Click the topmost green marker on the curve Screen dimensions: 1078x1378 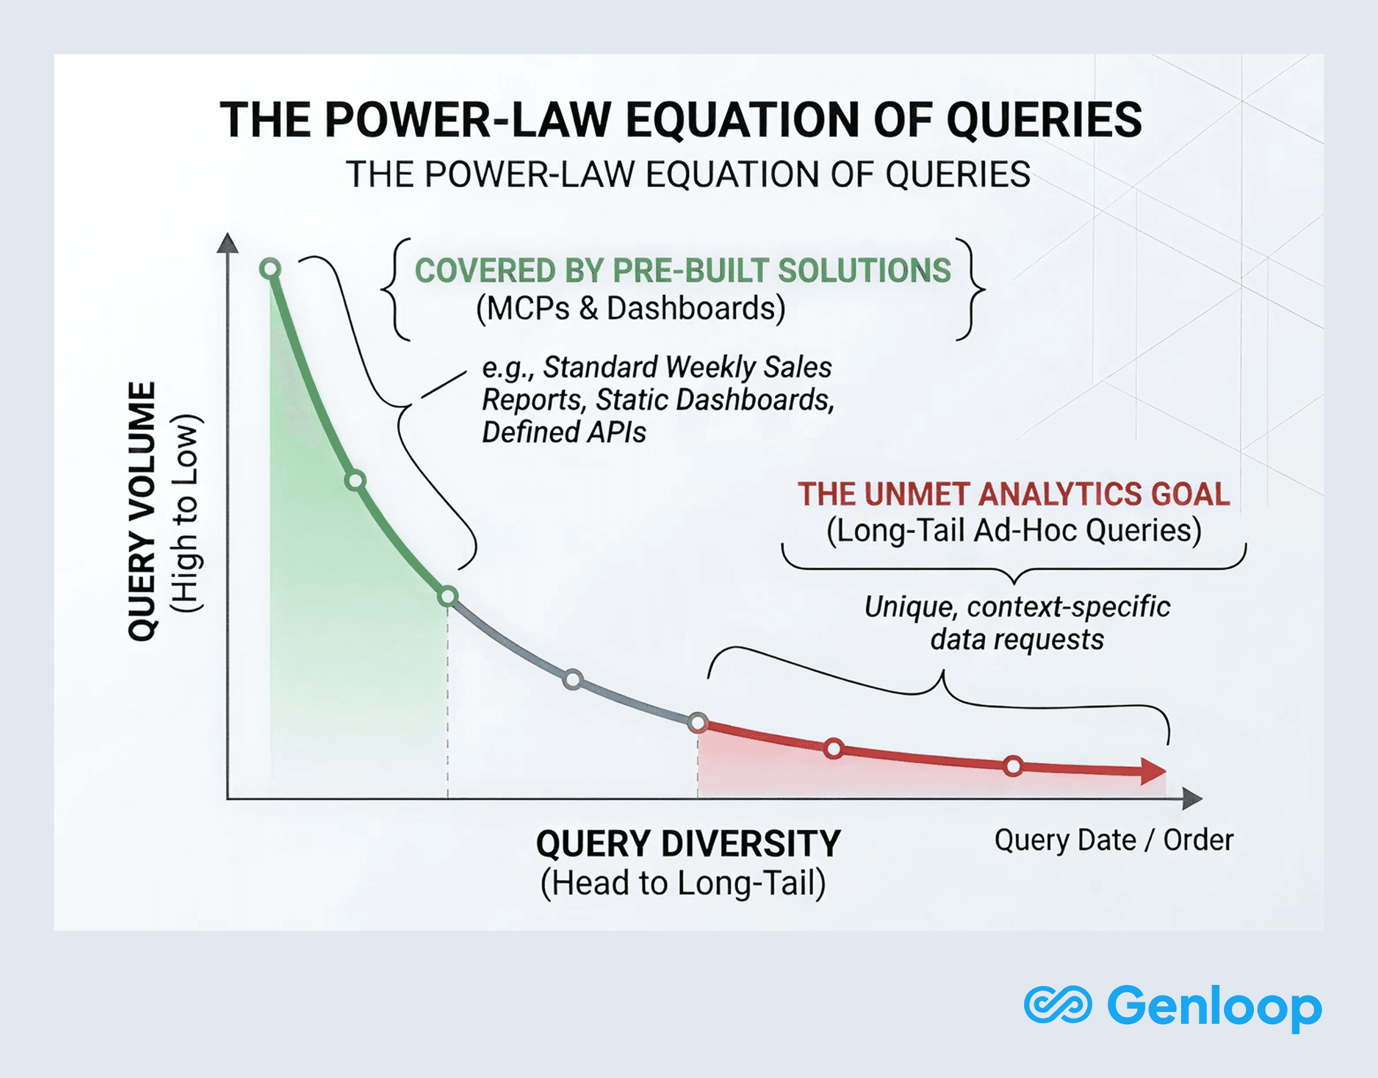coord(270,269)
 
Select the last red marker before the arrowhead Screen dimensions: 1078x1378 coord(1013,766)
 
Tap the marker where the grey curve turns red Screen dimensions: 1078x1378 coord(697,723)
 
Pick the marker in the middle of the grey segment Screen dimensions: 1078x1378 coord(573,680)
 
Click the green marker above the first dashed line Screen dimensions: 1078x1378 coord(447,596)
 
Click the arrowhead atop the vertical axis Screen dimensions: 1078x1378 coord(227,244)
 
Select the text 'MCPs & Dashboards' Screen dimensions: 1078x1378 coord(631,309)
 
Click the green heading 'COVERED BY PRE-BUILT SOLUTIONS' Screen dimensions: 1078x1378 coord(682,271)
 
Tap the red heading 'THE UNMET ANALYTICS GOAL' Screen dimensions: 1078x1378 coord(1014,494)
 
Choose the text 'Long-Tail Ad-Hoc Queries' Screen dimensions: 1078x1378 coord(1014,530)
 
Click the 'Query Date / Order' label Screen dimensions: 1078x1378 coord(1113,840)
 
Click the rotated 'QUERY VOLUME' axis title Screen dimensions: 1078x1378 coord(142,511)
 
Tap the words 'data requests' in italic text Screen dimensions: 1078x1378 coord(1017,639)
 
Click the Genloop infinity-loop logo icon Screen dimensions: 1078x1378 coord(1057,1004)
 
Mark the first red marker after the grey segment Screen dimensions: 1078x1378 coord(834,749)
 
